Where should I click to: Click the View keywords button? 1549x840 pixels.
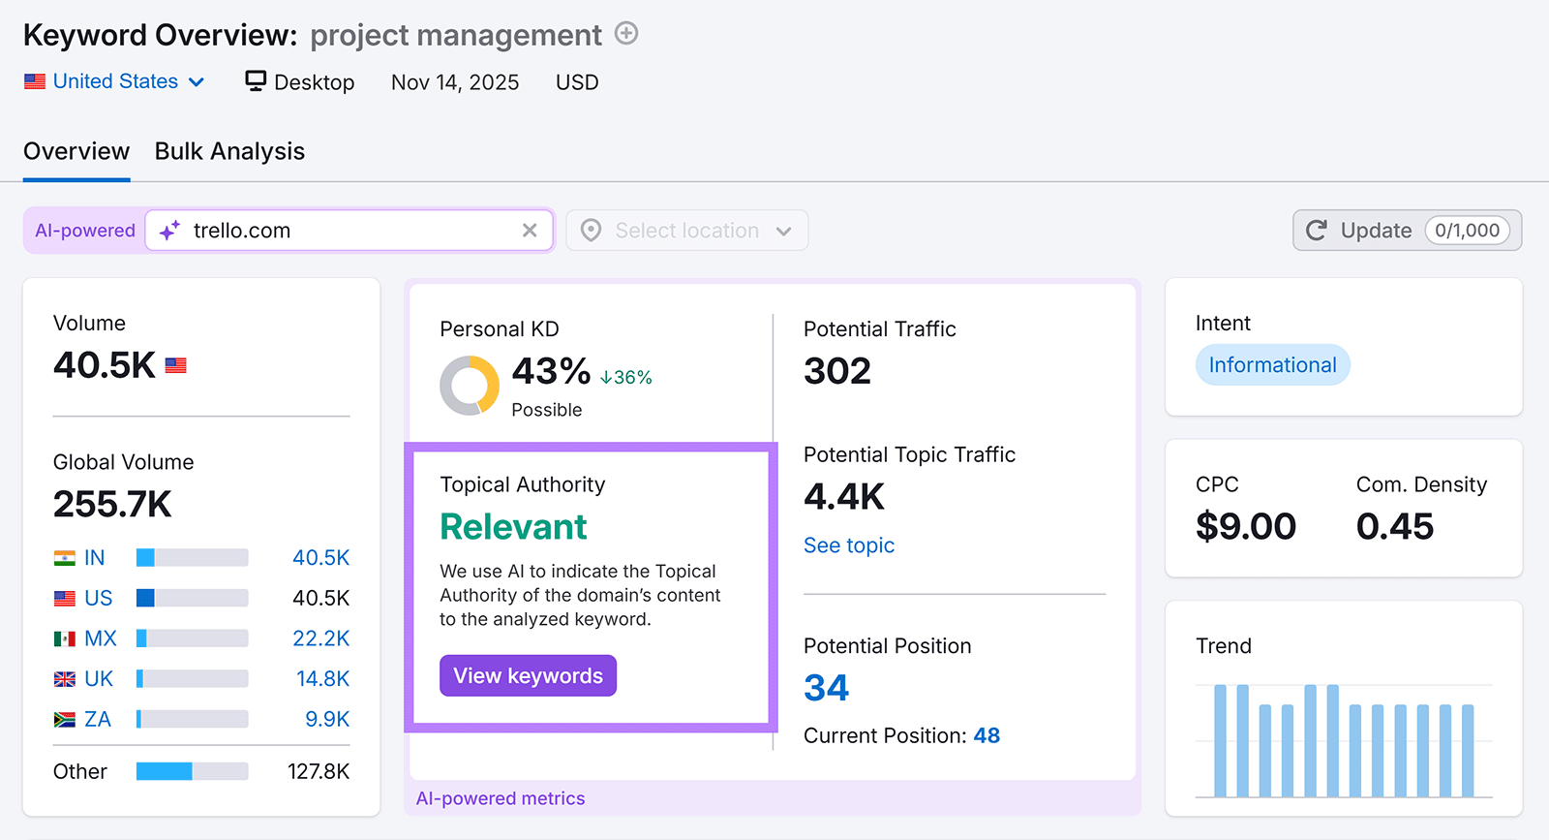(528, 675)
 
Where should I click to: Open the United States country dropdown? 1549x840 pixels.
(115, 81)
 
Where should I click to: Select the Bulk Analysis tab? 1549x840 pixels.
(229, 151)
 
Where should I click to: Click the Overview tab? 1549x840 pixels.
(76, 151)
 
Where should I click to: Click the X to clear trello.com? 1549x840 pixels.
(530, 231)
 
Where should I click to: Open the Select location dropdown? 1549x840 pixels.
(686, 231)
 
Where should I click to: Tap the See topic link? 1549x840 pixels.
(848, 545)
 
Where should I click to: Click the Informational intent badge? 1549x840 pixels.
(1272, 365)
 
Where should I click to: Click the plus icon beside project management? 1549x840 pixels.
(627, 34)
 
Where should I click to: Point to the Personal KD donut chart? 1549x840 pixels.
(470, 386)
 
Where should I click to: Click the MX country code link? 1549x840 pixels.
(101, 638)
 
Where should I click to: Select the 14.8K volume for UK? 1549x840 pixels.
(322, 679)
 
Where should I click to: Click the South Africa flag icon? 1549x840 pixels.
(65, 720)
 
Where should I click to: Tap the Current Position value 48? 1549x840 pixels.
(987, 735)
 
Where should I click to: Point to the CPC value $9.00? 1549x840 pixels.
(1245, 526)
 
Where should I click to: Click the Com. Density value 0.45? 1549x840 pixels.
(1394, 526)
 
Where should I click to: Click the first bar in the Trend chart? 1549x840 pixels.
(1220, 741)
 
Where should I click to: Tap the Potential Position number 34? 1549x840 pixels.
(826, 688)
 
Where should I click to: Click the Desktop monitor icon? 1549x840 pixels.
(256, 80)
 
